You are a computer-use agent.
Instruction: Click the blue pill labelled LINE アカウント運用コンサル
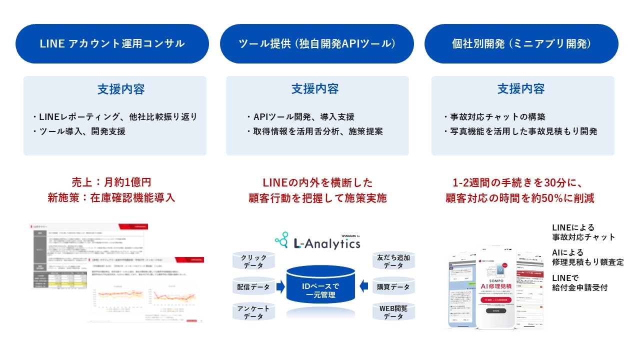coord(112,43)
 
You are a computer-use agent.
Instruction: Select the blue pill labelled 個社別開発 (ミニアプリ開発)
coord(521,43)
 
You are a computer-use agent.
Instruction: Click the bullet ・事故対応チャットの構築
coord(494,117)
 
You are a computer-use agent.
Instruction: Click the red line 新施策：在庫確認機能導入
coord(110,198)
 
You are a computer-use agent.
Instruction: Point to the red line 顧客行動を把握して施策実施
coord(317,198)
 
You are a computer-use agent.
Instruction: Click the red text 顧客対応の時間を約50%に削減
coord(520,198)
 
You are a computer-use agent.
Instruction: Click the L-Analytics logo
coord(317,241)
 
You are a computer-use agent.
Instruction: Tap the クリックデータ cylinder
coord(253,262)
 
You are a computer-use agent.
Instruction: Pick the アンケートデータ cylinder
coord(253,312)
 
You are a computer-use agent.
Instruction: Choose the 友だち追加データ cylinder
coord(394,262)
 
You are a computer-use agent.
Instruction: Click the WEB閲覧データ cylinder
coord(394,312)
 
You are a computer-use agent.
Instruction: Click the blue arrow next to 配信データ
coord(280,287)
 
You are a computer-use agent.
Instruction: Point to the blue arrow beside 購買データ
coord(364,286)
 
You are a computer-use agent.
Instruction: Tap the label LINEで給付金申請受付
coord(580,282)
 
